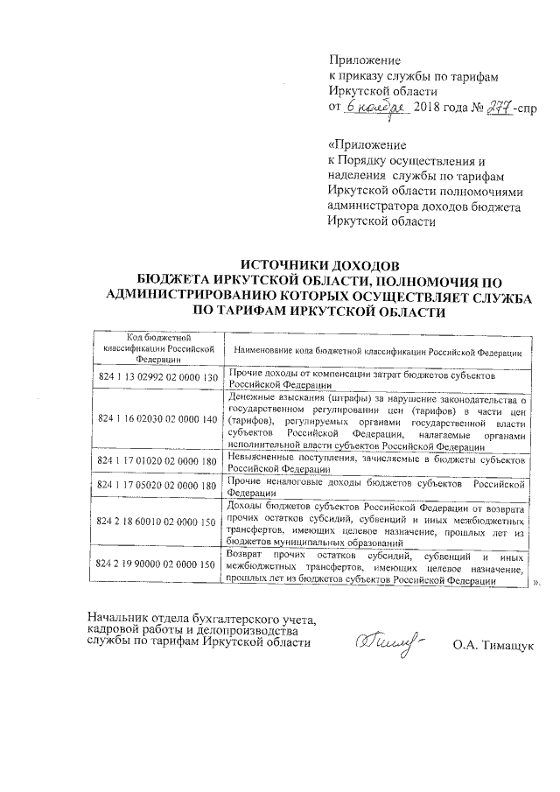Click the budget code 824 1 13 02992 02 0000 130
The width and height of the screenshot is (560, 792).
click(x=157, y=377)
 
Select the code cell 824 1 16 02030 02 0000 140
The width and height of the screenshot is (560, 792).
click(x=157, y=419)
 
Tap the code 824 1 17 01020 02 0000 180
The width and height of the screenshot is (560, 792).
click(x=157, y=460)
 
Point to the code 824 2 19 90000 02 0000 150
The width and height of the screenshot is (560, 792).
click(x=157, y=564)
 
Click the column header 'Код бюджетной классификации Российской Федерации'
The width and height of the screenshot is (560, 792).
click(x=157, y=347)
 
